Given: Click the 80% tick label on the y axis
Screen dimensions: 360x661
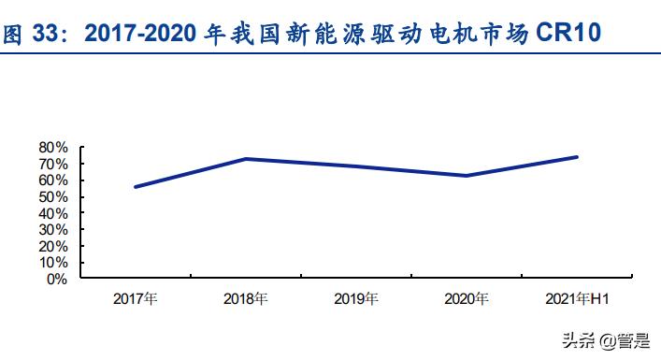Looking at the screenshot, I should coord(54,148).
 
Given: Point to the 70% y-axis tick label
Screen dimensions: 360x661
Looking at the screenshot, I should coord(54,164).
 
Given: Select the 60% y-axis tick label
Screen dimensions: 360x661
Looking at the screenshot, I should coord(54,180).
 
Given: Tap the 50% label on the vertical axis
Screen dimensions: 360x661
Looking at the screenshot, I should coord(54,197).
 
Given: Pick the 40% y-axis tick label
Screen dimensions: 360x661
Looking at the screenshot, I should coord(54,213).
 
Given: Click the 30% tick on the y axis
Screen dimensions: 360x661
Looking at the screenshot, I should coord(54,230).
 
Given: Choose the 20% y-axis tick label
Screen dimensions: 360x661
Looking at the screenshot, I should coord(54,246).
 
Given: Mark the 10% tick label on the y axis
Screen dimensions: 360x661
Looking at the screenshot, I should coord(54,263).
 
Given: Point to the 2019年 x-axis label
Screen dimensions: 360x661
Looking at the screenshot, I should coord(356,299).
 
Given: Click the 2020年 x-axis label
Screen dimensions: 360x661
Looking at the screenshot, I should coord(466,299).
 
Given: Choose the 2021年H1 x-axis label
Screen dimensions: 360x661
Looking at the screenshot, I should coord(576,299).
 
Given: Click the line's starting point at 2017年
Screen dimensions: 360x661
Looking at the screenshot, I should coord(136,187).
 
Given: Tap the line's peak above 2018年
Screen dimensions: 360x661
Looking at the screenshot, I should coord(246,159).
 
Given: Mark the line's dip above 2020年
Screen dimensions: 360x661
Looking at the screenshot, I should coord(466,176).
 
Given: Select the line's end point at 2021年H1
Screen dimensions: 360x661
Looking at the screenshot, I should coord(576,157).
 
